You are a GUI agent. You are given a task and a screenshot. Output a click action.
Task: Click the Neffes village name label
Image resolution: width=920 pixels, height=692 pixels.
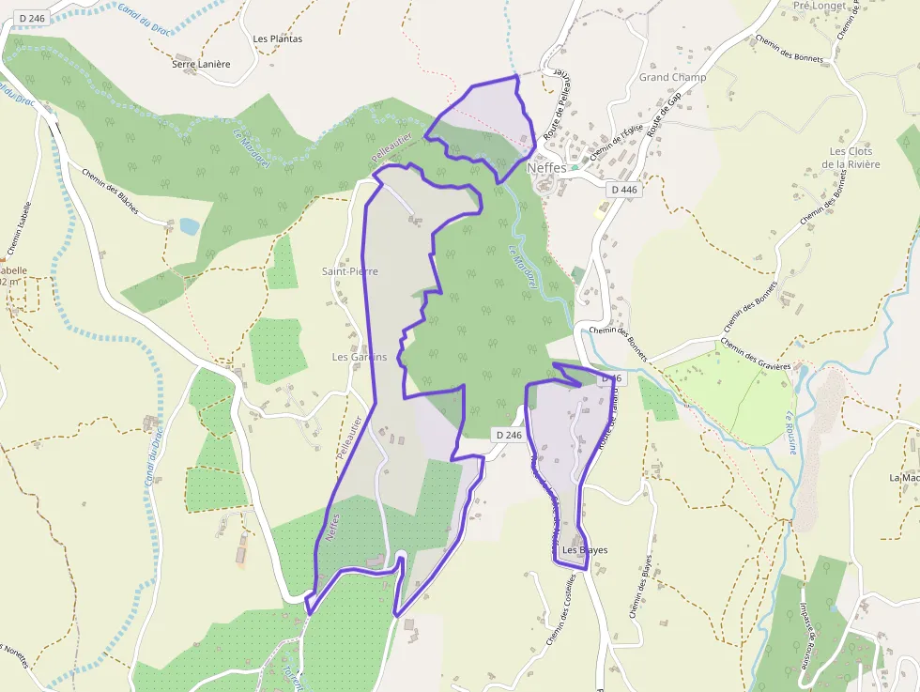546,167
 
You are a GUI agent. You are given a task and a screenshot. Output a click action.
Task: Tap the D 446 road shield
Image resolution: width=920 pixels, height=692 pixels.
623,190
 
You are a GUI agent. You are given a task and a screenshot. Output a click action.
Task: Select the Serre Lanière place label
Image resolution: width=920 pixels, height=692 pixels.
201,64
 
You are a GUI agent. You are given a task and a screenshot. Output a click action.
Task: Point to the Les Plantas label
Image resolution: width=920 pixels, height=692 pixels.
278,39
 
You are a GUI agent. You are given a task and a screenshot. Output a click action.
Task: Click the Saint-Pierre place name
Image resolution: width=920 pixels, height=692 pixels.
350,271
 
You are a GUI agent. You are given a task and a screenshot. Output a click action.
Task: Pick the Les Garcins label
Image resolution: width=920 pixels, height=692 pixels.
360,357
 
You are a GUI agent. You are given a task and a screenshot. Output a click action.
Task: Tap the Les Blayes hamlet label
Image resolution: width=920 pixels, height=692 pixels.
585,550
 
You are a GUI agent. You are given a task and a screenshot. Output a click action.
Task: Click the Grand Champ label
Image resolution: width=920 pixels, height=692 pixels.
672,77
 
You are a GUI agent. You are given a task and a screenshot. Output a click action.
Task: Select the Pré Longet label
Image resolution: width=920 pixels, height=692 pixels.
820,6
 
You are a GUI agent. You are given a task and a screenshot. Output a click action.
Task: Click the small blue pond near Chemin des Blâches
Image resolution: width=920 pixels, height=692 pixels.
190,226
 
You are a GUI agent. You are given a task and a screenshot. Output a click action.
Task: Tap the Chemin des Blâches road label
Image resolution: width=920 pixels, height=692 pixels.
111,191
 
